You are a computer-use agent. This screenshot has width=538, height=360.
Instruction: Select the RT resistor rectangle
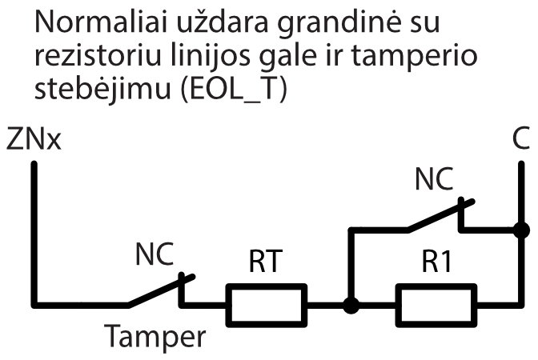click(267, 304)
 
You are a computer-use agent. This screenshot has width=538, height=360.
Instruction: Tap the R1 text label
click(436, 262)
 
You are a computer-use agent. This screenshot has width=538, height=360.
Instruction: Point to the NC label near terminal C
click(434, 179)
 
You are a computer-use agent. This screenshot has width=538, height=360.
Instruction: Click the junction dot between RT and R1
click(349, 305)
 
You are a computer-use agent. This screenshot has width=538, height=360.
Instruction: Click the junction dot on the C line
click(520, 230)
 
